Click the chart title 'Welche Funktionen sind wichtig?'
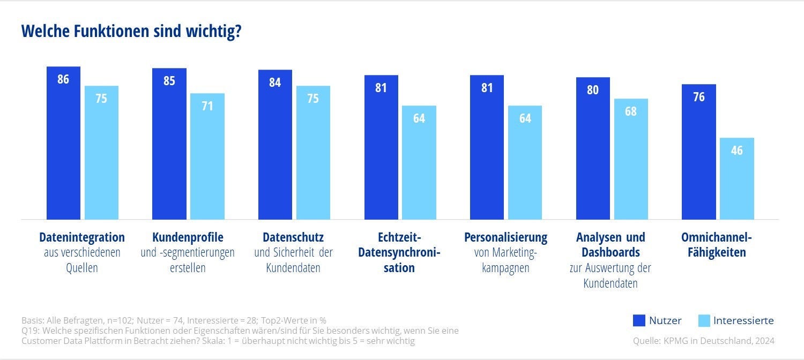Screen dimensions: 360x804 point(131,32)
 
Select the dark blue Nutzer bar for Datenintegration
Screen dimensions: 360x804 point(63,150)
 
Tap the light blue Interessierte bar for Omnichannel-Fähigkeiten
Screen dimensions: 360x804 point(737,182)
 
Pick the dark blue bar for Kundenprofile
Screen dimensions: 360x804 point(169,150)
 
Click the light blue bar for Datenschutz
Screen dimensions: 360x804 point(313,155)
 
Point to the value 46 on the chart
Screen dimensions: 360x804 point(737,151)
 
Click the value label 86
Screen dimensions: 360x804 point(63,79)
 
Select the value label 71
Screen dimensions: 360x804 point(207,106)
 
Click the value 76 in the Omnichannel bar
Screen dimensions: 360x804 point(698,97)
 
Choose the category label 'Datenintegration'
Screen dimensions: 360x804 point(82,237)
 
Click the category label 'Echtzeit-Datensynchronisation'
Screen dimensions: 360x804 point(399,252)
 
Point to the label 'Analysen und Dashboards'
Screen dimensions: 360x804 point(611,244)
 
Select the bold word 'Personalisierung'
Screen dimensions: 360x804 point(505,237)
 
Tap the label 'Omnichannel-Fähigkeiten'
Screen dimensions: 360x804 point(717,245)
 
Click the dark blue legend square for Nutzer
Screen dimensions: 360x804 point(638,321)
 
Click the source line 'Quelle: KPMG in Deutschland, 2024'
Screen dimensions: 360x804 point(703,341)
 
